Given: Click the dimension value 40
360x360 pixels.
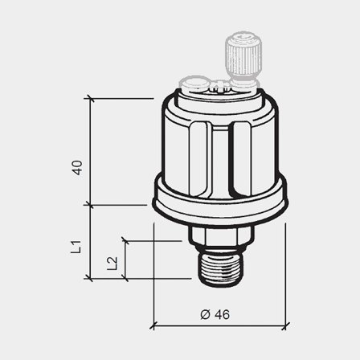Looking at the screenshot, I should point(77,168).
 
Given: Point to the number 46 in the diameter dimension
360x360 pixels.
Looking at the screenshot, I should point(222,314).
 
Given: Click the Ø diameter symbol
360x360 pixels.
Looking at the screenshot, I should point(204,314).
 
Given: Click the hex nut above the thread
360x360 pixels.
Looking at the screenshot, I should point(220,236).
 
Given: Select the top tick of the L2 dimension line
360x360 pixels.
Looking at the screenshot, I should point(125,239).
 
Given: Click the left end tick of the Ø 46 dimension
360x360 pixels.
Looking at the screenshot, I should point(153,326).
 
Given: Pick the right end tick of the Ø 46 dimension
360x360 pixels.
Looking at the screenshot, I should point(286,326).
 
